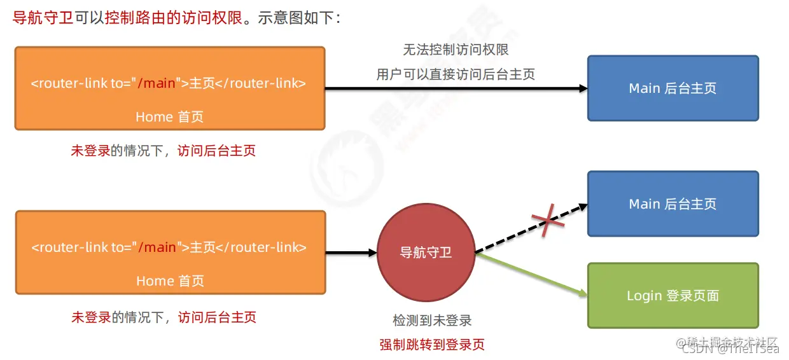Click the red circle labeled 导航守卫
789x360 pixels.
click(426, 253)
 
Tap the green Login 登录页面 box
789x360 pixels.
click(673, 296)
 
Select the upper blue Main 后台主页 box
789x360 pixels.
click(673, 88)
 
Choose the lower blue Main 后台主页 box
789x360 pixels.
click(673, 204)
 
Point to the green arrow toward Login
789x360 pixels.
click(531, 274)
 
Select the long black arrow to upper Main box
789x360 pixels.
click(456, 88)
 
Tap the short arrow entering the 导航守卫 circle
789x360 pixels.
click(351, 253)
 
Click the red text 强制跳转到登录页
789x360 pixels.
click(432, 345)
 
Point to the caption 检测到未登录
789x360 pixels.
click(432, 321)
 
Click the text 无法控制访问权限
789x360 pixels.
click(456, 50)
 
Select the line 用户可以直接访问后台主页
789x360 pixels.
click(456, 74)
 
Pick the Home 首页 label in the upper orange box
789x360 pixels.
click(169, 116)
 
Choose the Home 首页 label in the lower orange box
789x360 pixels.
click(169, 280)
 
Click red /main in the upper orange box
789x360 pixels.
click(157, 83)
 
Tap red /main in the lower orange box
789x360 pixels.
click(157, 247)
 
